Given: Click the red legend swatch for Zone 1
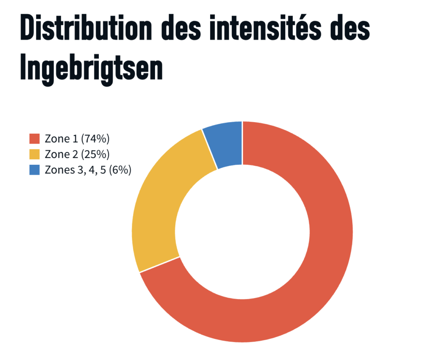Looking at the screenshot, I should (x=35, y=139).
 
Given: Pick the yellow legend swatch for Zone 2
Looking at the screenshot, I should (x=35, y=154).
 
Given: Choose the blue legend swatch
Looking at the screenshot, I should (x=35, y=170).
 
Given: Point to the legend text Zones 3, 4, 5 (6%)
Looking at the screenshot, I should (x=88, y=170).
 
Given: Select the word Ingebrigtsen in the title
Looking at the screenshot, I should (x=91, y=69).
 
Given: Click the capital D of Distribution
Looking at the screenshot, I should (x=27, y=28).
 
